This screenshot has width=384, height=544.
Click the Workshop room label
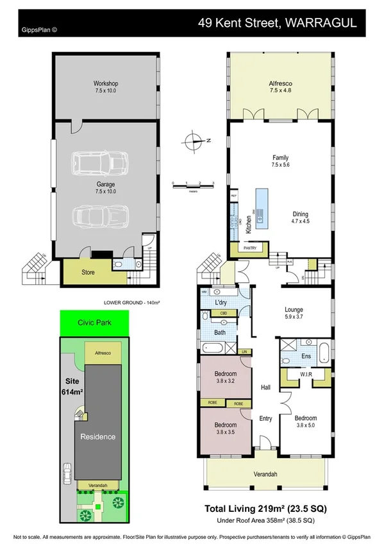105,87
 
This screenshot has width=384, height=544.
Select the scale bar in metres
192,185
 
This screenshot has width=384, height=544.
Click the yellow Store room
88,272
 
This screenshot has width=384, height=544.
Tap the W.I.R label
297,373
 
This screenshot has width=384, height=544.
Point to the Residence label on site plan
97,437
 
